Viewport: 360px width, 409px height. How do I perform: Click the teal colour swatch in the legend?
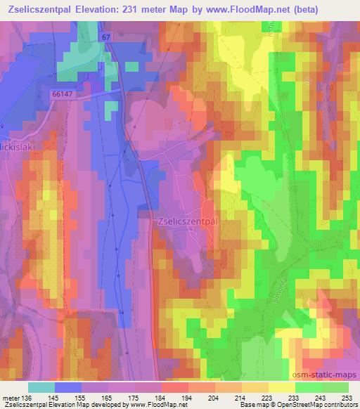coord(41,387)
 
